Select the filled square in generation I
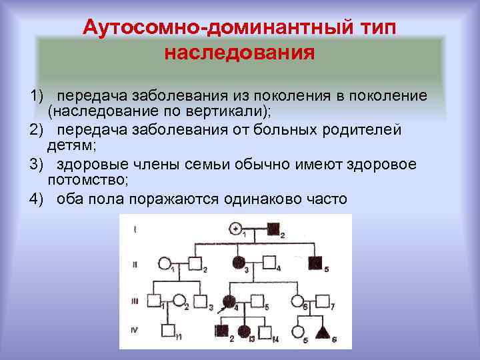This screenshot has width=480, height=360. click(x=272, y=229)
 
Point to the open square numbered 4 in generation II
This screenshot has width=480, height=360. click(x=269, y=263)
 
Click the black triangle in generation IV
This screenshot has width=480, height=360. click(x=323, y=331)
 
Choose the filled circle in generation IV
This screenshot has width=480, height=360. click(x=244, y=331)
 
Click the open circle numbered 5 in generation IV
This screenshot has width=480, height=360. click(x=301, y=331)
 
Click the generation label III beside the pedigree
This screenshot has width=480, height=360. click(x=135, y=301)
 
